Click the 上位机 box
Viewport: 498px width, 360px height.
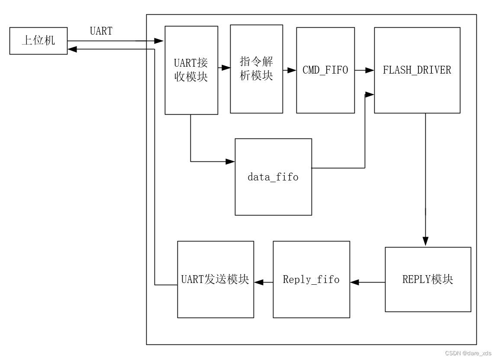pyautogui.click(x=38, y=41)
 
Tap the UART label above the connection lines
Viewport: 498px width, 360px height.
pyautogui.click(x=101, y=31)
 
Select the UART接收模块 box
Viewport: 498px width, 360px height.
pyautogui.click(x=191, y=70)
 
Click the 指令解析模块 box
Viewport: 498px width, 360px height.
pyautogui.click(x=256, y=69)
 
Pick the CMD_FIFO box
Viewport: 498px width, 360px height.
pyautogui.click(x=325, y=70)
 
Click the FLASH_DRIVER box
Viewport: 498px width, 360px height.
pyautogui.click(x=417, y=70)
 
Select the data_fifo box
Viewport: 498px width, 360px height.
pyautogui.click(x=273, y=177)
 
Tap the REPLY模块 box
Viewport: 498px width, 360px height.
pyautogui.click(x=427, y=279)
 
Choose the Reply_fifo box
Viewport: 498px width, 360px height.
pyautogui.click(x=311, y=279)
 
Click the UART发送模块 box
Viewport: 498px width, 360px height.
pyautogui.click(x=215, y=279)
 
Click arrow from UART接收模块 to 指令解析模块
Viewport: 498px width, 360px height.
pyautogui.click(x=224, y=68)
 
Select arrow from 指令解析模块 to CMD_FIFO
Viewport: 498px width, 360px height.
pyautogui.click(x=289, y=70)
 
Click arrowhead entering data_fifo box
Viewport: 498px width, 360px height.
pyautogui.click(x=231, y=161)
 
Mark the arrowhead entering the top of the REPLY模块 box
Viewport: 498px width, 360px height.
pyautogui.click(x=425, y=242)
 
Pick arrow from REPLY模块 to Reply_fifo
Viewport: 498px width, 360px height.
pyautogui.click(x=368, y=282)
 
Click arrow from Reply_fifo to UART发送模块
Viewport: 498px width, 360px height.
pyautogui.click(x=263, y=282)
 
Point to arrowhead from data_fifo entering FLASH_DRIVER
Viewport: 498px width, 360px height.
pyautogui.click(x=370, y=94)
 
